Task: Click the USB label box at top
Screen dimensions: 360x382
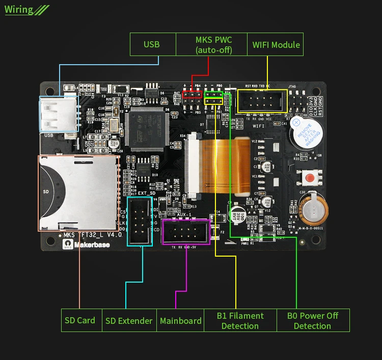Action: (x=152, y=44)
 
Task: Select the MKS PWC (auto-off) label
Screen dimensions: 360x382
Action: (x=213, y=44)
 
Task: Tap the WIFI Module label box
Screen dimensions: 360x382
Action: (x=276, y=44)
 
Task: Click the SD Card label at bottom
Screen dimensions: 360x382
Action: (x=80, y=320)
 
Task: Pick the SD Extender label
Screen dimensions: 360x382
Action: (x=129, y=321)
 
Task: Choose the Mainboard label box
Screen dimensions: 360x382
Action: (x=180, y=321)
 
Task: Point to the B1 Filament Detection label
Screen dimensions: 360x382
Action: (x=240, y=321)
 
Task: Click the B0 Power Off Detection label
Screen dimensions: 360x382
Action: (x=312, y=321)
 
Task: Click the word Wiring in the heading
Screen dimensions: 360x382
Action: (x=19, y=9)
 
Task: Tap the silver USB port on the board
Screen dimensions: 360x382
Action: (x=57, y=115)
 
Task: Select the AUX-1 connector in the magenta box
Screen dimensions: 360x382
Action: (x=185, y=232)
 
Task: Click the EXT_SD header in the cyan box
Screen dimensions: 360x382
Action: (x=140, y=221)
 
